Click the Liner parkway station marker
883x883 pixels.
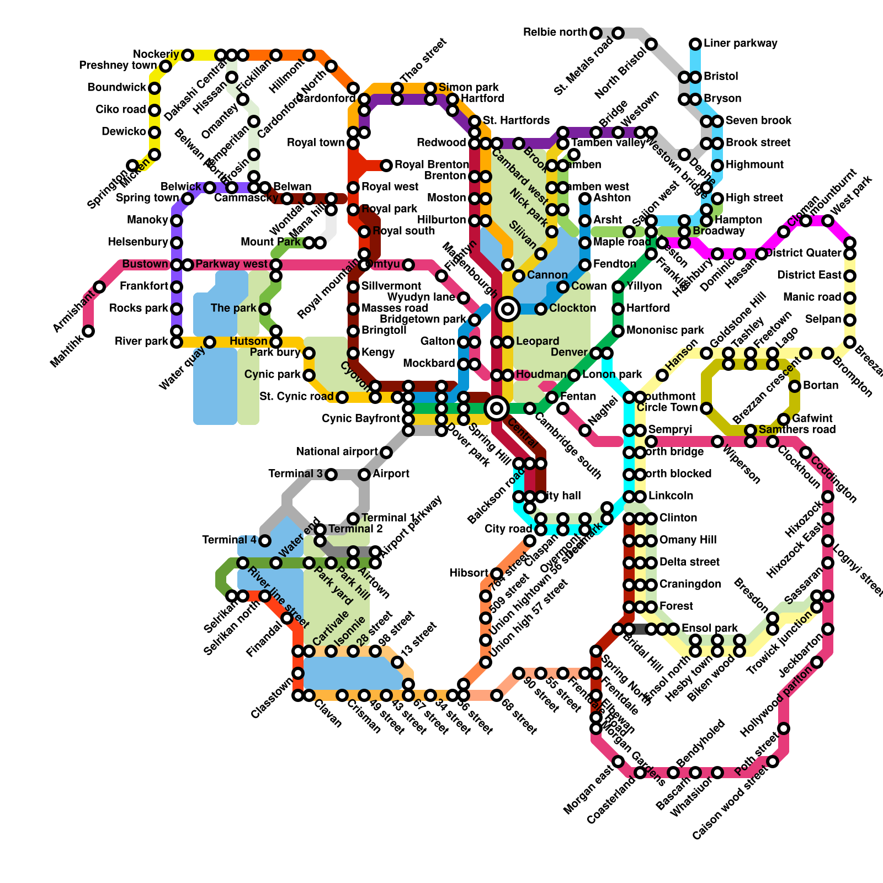tap(695, 44)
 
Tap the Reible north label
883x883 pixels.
tap(555, 33)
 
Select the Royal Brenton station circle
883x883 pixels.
tap(386, 165)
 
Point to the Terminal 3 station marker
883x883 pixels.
tap(331, 474)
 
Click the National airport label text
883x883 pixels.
tap(337, 452)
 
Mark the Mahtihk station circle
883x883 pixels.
tap(88, 331)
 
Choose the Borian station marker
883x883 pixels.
tap(795, 386)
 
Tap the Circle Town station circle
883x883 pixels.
tap(706, 408)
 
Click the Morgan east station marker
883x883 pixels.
tap(618, 762)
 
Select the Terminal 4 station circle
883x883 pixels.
tap(265, 540)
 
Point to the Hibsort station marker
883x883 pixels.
tap(497, 574)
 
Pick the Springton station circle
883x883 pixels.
tap(132, 166)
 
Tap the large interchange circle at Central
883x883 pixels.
tap(497, 408)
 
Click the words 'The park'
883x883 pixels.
tap(234, 308)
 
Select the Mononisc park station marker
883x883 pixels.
tap(618, 331)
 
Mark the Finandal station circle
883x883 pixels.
tap(287, 618)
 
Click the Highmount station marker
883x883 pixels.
tap(717, 165)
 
